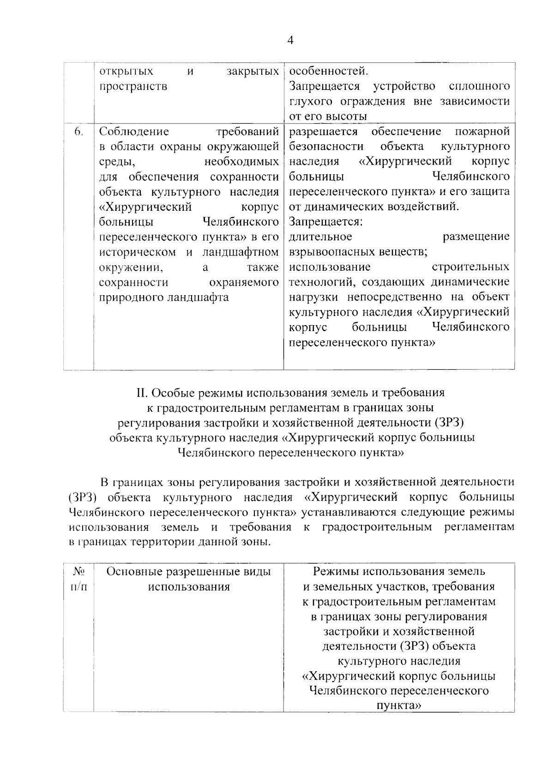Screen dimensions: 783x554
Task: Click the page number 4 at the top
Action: click(x=290, y=40)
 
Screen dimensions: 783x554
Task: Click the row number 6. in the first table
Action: click(x=78, y=132)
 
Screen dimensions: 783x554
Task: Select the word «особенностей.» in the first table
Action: click(x=329, y=71)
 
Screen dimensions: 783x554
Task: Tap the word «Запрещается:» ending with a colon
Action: click(x=326, y=222)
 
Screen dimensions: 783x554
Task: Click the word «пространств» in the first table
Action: click(x=133, y=87)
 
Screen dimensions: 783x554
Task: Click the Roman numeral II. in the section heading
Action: click(x=141, y=393)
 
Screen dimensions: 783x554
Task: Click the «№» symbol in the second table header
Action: click(x=78, y=572)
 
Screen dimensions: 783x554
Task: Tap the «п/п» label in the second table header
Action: click(x=78, y=587)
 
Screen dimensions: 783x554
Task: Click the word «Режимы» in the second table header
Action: click(x=336, y=572)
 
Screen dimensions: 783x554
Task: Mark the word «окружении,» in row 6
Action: click(x=131, y=267)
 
